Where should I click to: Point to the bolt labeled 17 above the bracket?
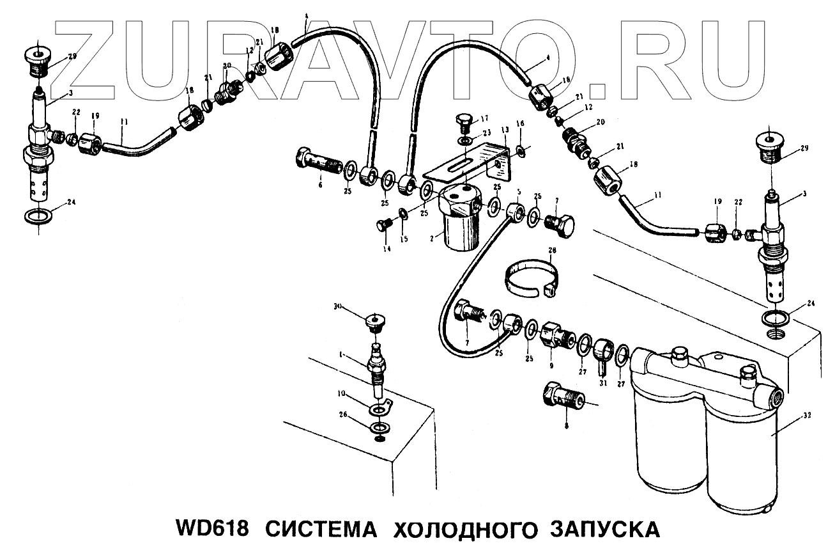pos(464,122)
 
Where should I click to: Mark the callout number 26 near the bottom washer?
pos(342,415)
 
